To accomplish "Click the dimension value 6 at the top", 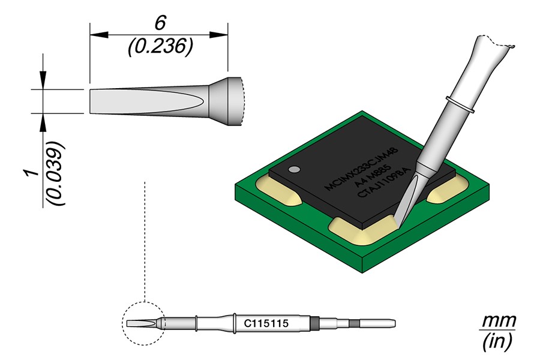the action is (x=160, y=23).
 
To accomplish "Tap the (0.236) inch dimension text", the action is (x=160, y=47).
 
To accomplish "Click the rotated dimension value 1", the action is (x=33, y=173).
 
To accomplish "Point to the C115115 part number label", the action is (x=266, y=323).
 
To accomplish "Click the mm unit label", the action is (x=499, y=321).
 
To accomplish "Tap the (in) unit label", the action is (x=498, y=341).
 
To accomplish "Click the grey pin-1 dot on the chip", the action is (x=294, y=170).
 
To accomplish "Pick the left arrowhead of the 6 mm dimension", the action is (x=99, y=35).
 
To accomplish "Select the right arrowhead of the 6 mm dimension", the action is (x=218, y=35).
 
